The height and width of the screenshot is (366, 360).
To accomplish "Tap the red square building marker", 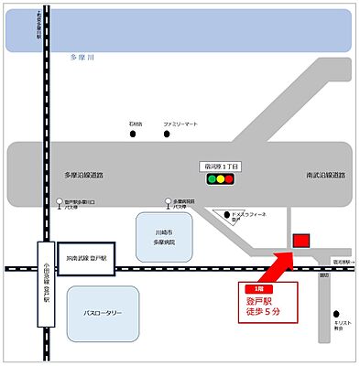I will point(300,240).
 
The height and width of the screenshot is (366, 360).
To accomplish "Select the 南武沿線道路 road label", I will point(324,173).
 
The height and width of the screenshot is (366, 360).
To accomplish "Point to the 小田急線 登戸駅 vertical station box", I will point(44,284).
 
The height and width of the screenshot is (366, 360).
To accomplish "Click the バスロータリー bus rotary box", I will point(104,313).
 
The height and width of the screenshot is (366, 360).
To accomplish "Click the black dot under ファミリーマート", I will point(169,135).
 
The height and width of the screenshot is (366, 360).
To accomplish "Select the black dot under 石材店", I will point(132,135).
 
